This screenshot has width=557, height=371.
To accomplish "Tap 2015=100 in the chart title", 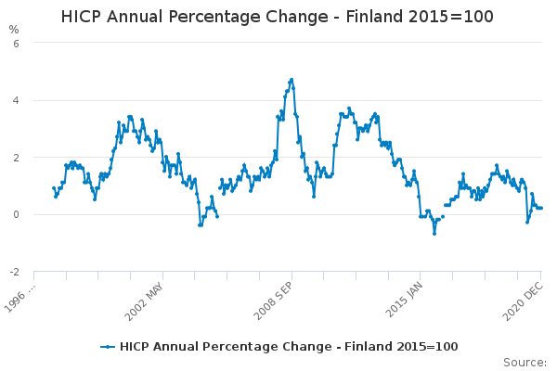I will [459, 17].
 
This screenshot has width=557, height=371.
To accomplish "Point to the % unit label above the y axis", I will [14, 29].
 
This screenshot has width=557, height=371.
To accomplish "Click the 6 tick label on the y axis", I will [14, 43].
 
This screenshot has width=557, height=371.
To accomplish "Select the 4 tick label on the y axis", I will [14, 100].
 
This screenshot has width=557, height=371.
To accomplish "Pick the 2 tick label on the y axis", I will [14, 158].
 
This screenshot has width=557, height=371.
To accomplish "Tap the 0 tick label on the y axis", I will [14, 215].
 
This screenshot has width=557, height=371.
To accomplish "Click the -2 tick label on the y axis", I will [13, 273].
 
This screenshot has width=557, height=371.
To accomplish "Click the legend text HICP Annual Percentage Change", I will [233, 347].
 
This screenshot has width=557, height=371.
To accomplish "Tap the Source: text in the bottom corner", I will [525, 362].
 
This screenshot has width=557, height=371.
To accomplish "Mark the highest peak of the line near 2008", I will [291, 80].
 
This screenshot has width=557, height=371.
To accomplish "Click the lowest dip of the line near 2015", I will [434, 233].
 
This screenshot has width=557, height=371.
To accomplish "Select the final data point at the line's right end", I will [541, 208].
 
